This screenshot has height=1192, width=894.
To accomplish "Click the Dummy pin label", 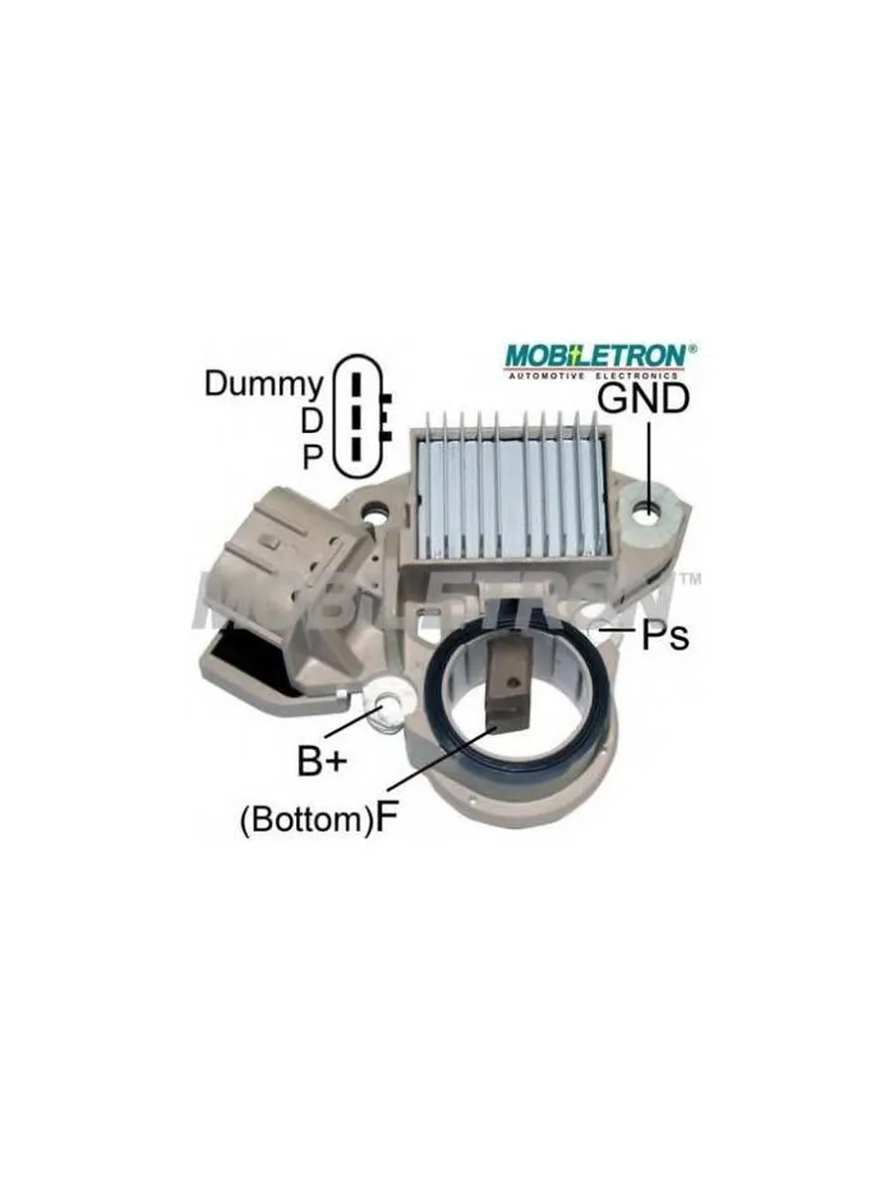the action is [x=264, y=385].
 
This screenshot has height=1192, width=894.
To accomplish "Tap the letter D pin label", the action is [x=311, y=421].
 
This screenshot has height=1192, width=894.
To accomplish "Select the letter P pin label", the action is [x=312, y=457].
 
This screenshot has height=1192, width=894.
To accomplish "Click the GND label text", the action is [x=644, y=399].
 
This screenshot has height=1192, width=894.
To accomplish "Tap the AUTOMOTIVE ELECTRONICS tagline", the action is [x=593, y=375].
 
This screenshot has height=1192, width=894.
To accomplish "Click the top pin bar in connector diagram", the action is [x=356, y=385].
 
